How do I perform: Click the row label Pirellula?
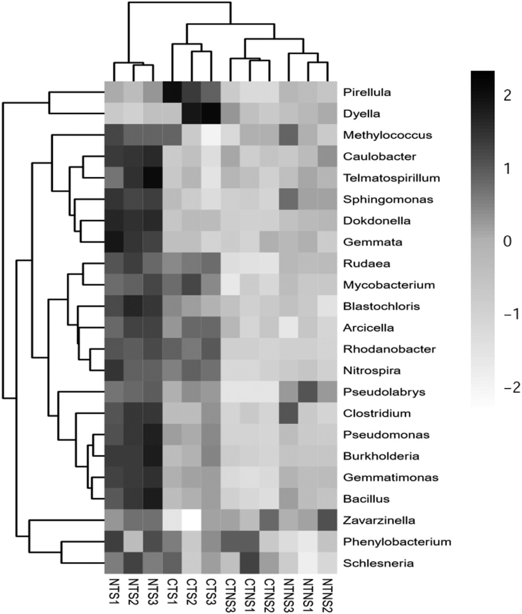click(366, 92)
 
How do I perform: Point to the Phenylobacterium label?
click(397, 542)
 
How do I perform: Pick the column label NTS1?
click(114, 592)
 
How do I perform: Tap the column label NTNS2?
click(327, 594)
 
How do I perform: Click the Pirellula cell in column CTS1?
click(173, 92)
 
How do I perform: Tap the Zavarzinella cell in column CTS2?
click(192, 520)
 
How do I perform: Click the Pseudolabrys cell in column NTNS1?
click(308, 392)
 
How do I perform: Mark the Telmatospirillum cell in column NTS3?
click(153, 177)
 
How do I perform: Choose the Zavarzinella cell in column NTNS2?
click(328, 520)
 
